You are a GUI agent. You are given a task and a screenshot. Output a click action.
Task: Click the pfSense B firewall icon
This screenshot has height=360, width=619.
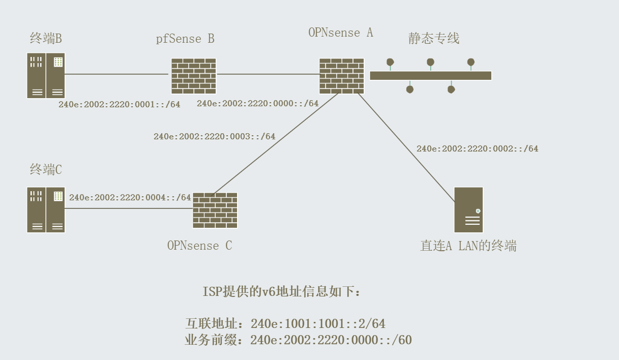(193, 76)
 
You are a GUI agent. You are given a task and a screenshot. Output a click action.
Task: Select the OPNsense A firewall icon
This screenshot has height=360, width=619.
(341, 76)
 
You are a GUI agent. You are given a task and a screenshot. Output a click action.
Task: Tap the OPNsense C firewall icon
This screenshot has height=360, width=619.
(215, 210)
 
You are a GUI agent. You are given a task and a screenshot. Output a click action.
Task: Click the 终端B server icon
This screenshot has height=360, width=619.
(46, 75)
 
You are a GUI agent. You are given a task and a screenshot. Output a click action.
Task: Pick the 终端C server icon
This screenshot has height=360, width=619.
(46, 209)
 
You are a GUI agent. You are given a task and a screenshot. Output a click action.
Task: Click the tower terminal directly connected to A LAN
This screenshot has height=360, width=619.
(468, 209)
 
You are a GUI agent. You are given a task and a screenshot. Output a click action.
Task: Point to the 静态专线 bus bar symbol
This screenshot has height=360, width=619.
(430, 75)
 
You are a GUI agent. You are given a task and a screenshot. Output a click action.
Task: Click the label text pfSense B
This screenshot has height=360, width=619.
(185, 39)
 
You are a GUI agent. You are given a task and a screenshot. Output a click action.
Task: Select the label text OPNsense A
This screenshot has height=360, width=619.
(340, 33)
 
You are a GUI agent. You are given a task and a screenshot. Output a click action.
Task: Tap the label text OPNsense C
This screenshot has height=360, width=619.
(199, 245)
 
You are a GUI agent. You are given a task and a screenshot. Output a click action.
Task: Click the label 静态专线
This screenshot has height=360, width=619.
(434, 39)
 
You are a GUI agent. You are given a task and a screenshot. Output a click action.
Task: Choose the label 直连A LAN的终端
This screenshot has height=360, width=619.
(468, 246)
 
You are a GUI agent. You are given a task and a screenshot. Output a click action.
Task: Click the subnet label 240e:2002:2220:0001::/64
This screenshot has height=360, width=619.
(120, 105)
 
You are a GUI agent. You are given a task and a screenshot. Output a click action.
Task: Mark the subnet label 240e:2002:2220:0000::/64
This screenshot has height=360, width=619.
(257, 104)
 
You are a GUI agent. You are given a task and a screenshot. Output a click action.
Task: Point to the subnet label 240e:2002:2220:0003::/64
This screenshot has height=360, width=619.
(214, 136)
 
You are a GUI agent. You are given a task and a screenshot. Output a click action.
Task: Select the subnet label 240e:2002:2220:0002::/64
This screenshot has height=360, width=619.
(477, 148)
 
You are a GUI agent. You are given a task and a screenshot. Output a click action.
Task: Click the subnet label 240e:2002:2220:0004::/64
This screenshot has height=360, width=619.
(130, 197)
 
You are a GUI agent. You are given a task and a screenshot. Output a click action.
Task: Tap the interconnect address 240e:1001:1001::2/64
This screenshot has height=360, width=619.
(318, 323)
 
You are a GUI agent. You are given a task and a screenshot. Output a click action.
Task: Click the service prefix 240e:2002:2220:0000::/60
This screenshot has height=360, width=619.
(331, 340)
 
